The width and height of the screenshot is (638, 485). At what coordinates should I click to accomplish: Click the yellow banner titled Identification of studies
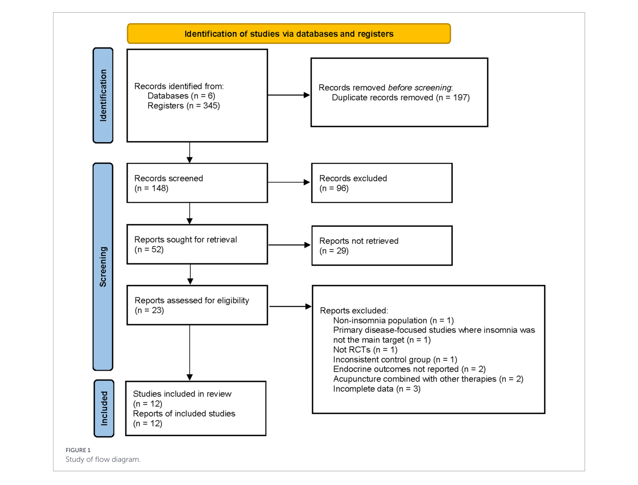pyautogui.click(x=289, y=34)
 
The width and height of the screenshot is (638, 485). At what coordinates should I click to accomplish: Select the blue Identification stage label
pyautogui.click(x=103, y=95)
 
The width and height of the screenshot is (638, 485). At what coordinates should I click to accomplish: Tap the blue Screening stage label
pyautogui.click(x=103, y=266)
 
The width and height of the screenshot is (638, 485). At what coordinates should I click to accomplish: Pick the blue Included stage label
pyautogui.click(x=104, y=408)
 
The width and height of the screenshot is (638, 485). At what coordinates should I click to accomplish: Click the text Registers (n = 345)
pyautogui.click(x=184, y=106)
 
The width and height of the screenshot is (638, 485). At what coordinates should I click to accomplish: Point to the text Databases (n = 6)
pyautogui.click(x=181, y=96)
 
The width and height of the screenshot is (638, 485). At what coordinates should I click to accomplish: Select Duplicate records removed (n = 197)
pyautogui.click(x=400, y=97)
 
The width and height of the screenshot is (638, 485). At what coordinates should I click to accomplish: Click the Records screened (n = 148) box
pyautogui.click(x=197, y=183)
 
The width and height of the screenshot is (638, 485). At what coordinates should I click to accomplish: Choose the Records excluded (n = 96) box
pyautogui.click(x=381, y=183)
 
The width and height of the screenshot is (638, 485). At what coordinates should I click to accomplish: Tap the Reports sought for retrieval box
pyautogui.click(x=197, y=244)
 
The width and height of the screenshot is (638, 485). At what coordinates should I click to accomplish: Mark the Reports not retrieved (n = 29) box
pyautogui.click(x=382, y=246)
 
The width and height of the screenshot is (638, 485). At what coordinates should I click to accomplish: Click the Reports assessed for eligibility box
pyautogui.click(x=197, y=305)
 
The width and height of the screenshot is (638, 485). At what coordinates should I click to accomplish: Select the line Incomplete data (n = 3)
pyautogui.click(x=377, y=389)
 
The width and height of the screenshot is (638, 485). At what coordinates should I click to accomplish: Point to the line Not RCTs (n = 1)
pyautogui.click(x=365, y=350)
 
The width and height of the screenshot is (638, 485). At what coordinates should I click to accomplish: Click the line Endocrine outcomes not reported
pyautogui.click(x=409, y=369)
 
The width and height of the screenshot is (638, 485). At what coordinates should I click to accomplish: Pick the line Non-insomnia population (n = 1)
pyautogui.click(x=393, y=321)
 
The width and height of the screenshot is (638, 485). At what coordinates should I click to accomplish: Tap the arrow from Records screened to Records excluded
pyautogui.click(x=289, y=182)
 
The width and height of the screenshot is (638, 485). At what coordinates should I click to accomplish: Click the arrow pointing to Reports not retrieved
pyautogui.click(x=289, y=245)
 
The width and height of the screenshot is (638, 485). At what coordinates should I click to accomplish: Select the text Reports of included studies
pyautogui.click(x=184, y=414)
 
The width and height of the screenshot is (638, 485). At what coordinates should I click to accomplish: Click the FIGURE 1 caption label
pyautogui.click(x=78, y=450)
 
